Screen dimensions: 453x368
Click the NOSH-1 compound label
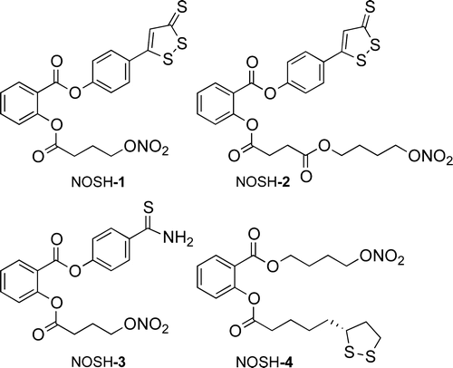98,183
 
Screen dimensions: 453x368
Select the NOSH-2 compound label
263,183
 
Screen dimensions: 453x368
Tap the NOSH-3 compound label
98,362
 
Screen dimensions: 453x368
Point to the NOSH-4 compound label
264,362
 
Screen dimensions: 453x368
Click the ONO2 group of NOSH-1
145,150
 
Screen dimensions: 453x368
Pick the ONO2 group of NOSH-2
430,157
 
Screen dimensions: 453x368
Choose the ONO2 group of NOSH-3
145,327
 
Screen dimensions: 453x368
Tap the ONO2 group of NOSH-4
381,258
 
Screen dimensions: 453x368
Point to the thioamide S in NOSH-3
149,208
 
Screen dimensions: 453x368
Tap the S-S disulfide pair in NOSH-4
361,354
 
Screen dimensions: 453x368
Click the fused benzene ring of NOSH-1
20,103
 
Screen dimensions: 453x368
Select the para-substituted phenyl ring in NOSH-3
111,249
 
